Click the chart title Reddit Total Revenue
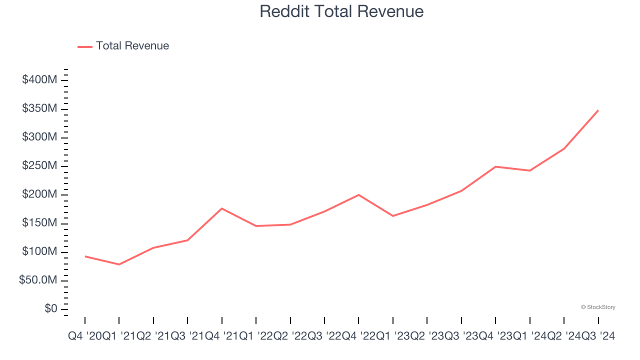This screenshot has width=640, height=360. (341, 11)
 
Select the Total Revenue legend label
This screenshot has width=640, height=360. (132, 46)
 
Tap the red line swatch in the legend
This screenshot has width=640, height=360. (85, 46)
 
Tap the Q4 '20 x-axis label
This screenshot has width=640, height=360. (84, 336)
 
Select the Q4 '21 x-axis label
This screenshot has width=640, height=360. (221, 336)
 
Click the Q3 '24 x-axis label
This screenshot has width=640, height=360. (598, 336)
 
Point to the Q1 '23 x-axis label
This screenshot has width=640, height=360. (393, 336)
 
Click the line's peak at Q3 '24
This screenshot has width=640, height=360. (598, 110)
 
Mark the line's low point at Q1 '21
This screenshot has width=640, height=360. (119, 264)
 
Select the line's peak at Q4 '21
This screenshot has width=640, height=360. (221, 208)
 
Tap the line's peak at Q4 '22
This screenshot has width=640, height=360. (358, 194)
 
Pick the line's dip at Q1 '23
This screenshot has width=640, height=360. (393, 216)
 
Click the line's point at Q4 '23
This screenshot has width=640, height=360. (495, 166)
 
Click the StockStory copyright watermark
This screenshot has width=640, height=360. (598, 307)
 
